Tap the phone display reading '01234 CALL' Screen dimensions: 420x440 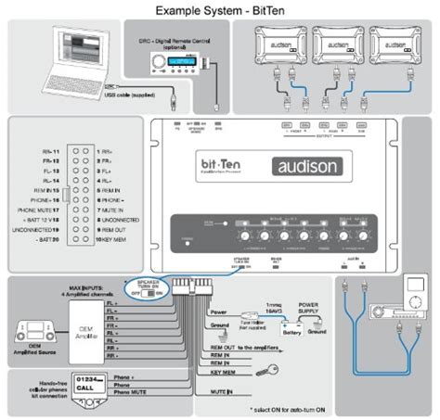[x=87, y=384]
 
